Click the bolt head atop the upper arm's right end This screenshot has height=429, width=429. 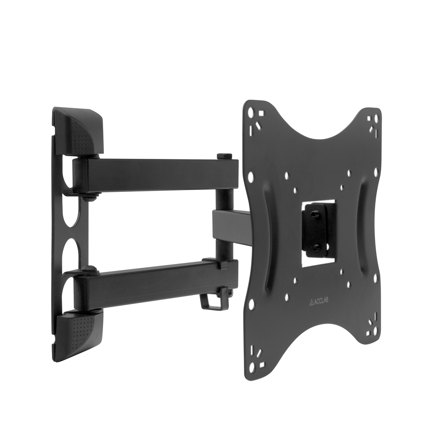pos(225,157)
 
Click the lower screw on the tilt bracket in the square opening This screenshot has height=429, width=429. pos(316,247)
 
